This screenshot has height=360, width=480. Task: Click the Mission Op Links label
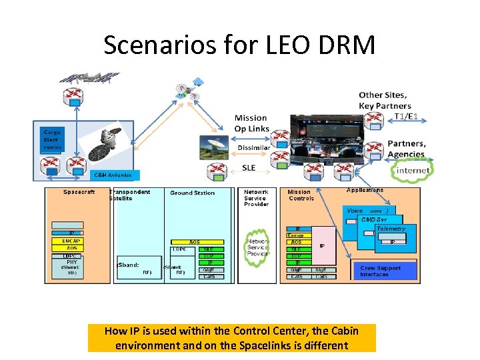tap(251, 123)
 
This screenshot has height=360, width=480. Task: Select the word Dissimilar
tap(253, 147)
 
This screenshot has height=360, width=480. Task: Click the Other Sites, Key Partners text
tap(385, 100)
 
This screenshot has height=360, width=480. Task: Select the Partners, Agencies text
tap(407, 148)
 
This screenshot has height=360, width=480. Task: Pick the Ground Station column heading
tap(192, 193)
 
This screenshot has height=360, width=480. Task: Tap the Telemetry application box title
tap(390, 229)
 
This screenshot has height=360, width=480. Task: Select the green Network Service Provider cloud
tap(258, 247)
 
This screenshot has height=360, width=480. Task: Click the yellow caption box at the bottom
tap(231, 338)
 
